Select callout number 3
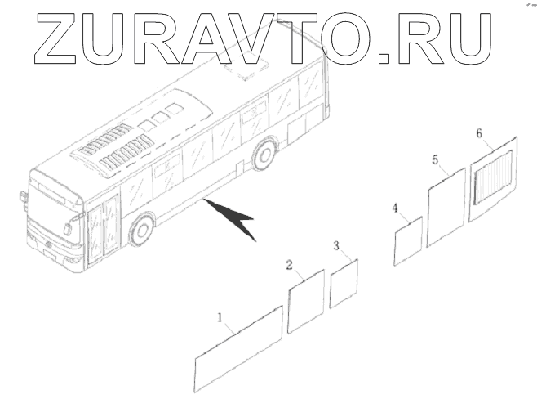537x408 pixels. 336,245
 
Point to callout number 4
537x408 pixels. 395,208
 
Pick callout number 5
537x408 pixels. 435,159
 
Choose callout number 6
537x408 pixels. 479,132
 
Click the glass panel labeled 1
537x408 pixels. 238,349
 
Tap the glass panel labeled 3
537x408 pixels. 344,284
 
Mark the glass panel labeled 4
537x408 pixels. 407,242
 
